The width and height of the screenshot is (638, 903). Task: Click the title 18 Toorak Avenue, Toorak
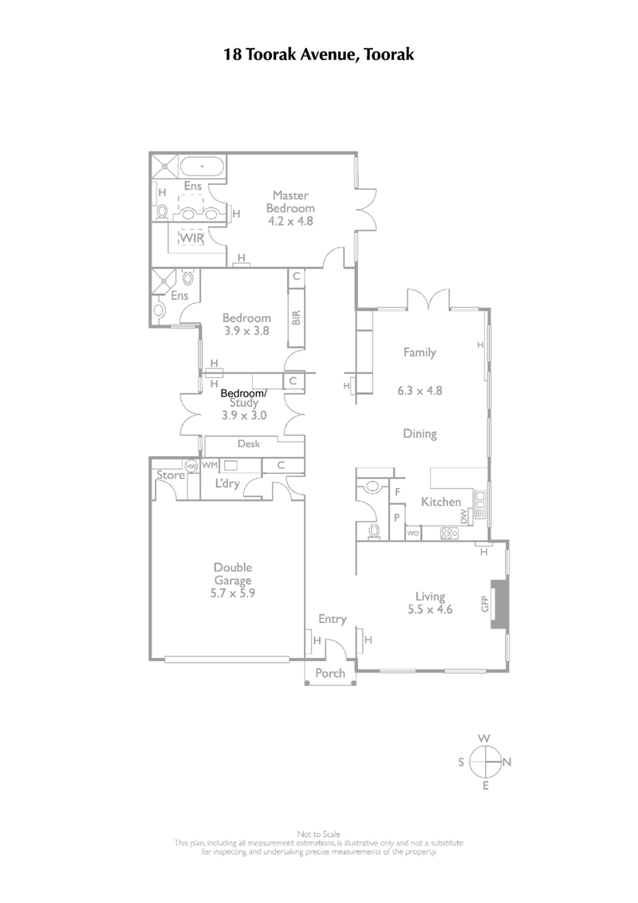point(318,55)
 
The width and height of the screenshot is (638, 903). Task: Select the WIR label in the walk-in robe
point(191,238)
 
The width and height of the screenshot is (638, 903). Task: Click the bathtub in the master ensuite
point(201,168)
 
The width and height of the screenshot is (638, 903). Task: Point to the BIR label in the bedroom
point(296,318)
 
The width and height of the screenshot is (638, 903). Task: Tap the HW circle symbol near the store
point(191,466)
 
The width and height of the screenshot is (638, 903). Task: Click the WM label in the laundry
point(209,464)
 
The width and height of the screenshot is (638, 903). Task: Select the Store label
point(170,475)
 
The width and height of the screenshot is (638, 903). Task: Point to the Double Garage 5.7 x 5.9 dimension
point(231,593)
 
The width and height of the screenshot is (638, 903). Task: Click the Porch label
point(330,673)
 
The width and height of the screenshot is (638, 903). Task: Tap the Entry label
point(332,618)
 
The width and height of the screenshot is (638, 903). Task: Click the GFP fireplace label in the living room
point(483,604)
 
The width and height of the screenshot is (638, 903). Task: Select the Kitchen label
point(441,502)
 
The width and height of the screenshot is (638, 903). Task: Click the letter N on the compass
point(506,762)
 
